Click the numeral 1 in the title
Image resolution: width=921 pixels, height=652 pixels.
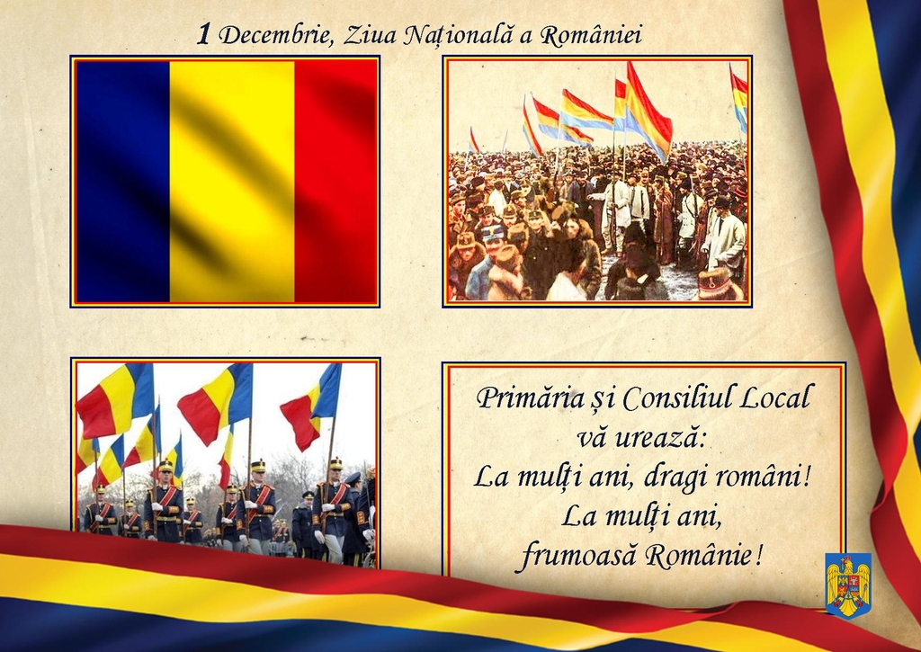203,35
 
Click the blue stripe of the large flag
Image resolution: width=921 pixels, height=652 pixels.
122,181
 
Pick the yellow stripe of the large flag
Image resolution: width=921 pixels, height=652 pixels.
232,181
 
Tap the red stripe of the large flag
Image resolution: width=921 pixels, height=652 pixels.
335,181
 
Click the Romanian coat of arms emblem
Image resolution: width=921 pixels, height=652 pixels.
848,585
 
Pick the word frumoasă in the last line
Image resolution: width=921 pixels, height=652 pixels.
578,555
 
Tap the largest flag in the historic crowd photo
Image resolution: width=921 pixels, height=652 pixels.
648,111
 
